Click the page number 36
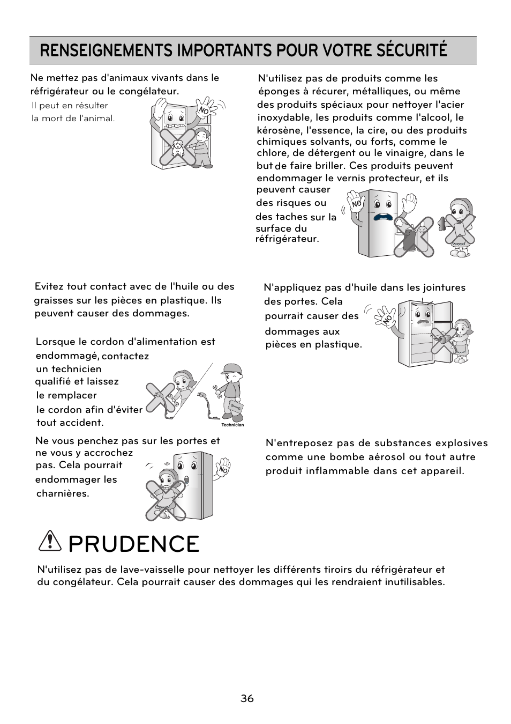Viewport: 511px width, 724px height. pyautogui.click(x=247, y=698)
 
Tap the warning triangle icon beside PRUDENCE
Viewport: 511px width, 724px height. pyautogui.click(x=50, y=543)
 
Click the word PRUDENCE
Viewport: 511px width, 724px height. pyautogui.click(x=134, y=544)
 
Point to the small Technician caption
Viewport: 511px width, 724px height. pyautogui.click(x=232, y=425)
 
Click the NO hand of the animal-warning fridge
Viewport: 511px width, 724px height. pyautogui.click(x=205, y=108)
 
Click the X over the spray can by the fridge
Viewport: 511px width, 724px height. pyautogui.click(x=413, y=237)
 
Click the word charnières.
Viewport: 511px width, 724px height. pyautogui.click(x=63, y=493)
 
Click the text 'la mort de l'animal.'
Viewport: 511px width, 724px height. pyautogui.click(x=73, y=118)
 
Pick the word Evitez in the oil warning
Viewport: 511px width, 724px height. pyautogui.click(x=49, y=286)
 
